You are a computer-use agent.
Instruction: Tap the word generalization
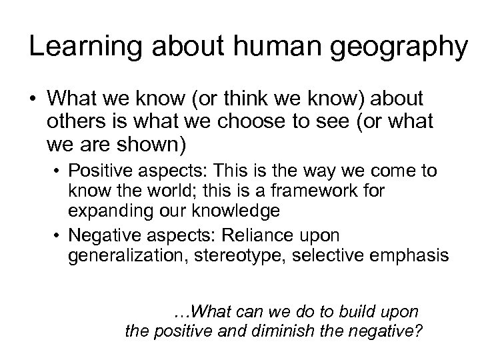pos(126,255)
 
